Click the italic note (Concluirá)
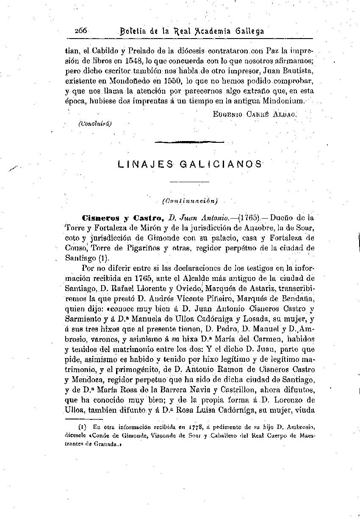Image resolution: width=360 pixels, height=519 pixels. (x=95, y=123)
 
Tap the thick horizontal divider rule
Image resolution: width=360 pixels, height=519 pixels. (x=189, y=142)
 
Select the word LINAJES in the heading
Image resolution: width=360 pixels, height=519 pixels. (x=141, y=164)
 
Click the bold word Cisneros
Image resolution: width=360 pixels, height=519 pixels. (x=102, y=219)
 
